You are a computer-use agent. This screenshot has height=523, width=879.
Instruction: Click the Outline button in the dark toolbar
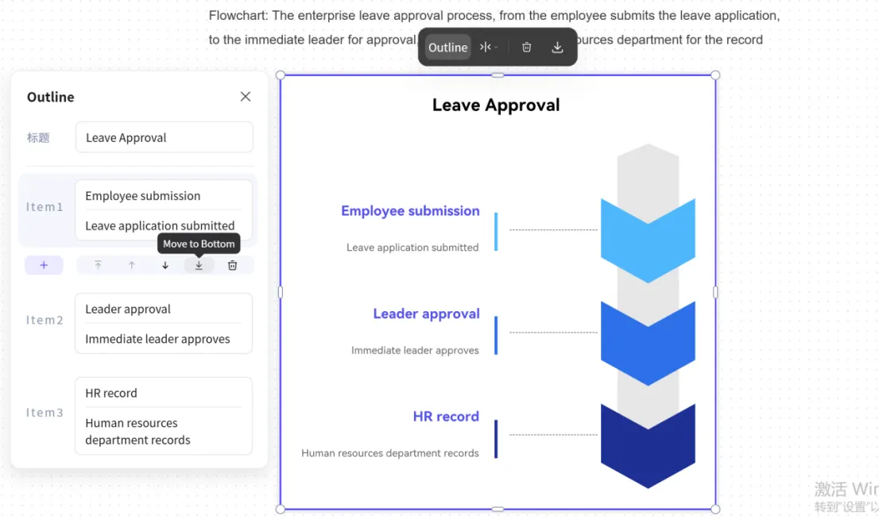pyautogui.click(x=447, y=48)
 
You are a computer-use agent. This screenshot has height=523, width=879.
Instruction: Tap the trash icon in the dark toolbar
pyautogui.click(x=526, y=48)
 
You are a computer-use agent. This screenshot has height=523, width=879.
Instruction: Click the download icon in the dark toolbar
pyautogui.click(x=557, y=48)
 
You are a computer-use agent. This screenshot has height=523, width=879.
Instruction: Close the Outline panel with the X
pyautogui.click(x=246, y=97)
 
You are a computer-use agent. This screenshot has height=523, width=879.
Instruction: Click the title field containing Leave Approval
pyautogui.click(x=164, y=137)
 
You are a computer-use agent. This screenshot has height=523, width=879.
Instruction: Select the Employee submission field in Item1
pyautogui.click(x=163, y=196)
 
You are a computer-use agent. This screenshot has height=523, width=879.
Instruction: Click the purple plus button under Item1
pyautogui.click(x=44, y=265)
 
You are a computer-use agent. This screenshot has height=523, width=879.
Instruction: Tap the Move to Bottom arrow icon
pyautogui.click(x=199, y=265)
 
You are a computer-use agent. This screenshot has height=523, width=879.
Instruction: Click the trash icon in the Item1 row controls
pyautogui.click(x=232, y=265)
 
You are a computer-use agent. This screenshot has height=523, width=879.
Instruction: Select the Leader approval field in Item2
pyautogui.click(x=163, y=310)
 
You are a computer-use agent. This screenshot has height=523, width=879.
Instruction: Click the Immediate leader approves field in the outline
pyautogui.click(x=163, y=339)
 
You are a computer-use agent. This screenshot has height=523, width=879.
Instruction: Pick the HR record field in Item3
pyautogui.click(x=163, y=394)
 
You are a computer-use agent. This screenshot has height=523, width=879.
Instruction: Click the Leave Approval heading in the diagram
pyautogui.click(x=496, y=106)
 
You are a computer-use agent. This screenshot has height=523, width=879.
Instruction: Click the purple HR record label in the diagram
pyautogui.click(x=446, y=417)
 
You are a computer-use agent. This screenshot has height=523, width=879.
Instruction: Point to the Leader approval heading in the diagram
pyautogui.click(x=426, y=314)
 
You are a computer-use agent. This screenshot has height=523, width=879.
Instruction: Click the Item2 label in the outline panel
pyautogui.click(x=45, y=321)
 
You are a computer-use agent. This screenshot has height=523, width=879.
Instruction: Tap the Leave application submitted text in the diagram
pyautogui.click(x=412, y=248)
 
